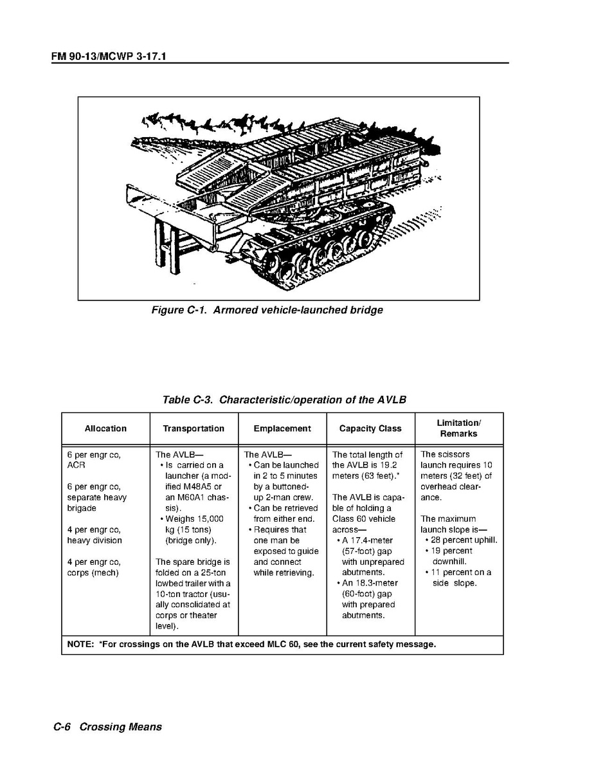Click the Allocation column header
click(x=105, y=428)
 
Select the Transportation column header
click(x=194, y=428)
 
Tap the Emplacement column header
click(x=282, y=428)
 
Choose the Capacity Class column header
click(x=370, y=428)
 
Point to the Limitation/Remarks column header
click(x=458, y=428)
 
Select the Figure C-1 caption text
click(x=267, y=310)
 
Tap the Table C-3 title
click(x=284, y=400)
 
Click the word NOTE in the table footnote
click(x=80, y=644)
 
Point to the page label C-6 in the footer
click(x=62, y=727)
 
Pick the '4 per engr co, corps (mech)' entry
click(x=94, y=567)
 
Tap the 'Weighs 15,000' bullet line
click(x=194, y=519)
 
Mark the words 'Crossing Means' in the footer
click(x=121, y=727)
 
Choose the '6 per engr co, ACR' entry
click(x=94, y=459)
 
